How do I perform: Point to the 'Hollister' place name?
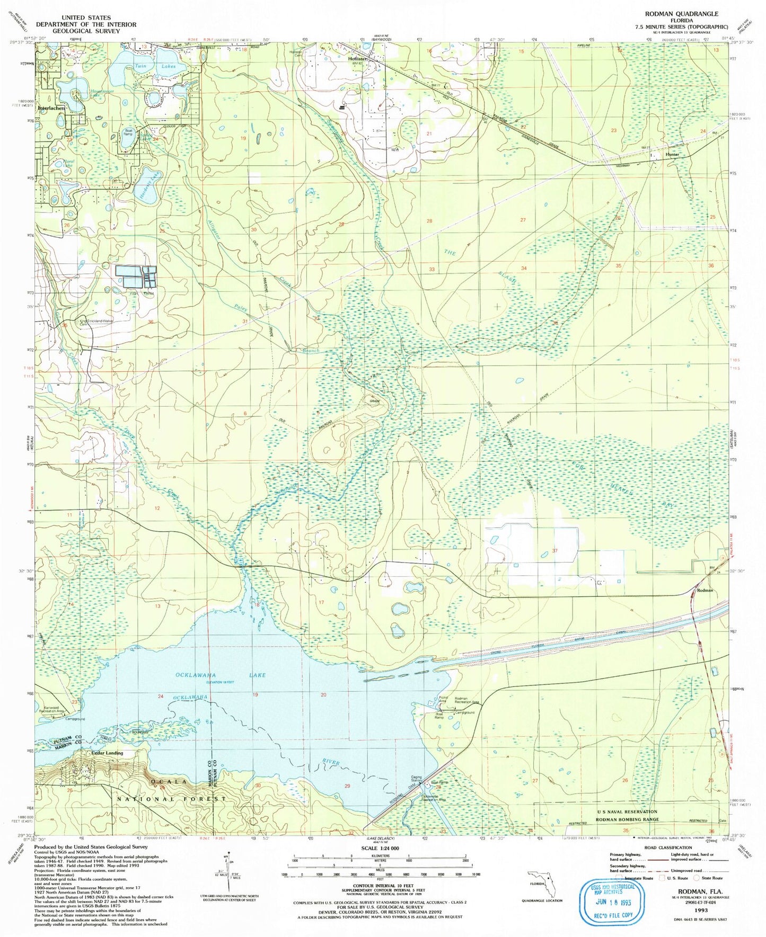pyautogui.click(x=358, y=59)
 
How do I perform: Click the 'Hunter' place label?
pyautogui.click(x=672, y=155)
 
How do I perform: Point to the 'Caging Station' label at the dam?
pyautogui.click(x=417, y=779)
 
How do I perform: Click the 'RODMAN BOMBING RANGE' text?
pyautogui.click(x=627, y=819)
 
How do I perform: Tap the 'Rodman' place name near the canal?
pyautogui.click(x=705, y=590)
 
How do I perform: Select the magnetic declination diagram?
pyautogui.click(x=225, y=882)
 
